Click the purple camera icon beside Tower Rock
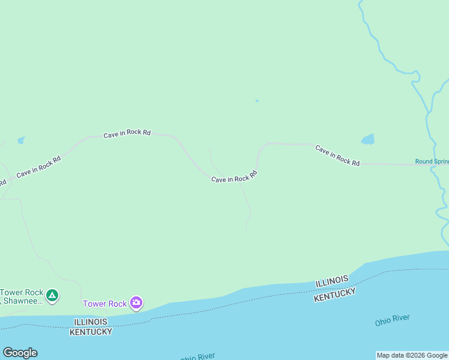136,302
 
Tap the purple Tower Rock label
105,304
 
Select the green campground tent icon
52,295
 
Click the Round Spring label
432,161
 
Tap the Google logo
20,353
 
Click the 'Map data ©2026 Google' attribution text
412,355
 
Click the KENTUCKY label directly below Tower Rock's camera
91,331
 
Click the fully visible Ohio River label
392,320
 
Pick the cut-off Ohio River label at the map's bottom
197,357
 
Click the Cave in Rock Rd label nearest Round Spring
337,155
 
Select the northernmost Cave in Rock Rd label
127,133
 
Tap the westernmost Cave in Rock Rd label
38,167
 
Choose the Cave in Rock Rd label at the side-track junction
234,177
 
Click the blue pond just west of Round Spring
367,140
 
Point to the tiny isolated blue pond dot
257,101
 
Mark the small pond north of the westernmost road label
22,140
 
